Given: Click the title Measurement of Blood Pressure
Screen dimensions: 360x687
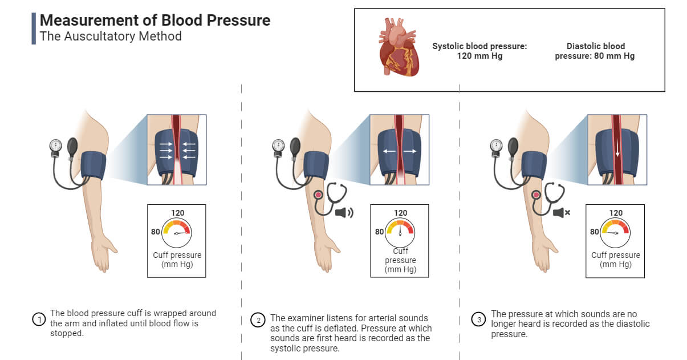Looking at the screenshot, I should coord(155,21).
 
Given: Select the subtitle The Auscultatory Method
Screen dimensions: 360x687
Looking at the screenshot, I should coord(110,37).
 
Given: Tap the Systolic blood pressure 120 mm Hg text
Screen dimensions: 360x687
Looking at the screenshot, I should coord(479,51).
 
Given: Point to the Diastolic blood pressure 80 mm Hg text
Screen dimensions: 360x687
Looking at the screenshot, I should coord(595,51).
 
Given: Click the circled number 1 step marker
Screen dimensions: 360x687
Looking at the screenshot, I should coord(39,319).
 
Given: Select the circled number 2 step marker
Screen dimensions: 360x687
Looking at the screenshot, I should coord(258,320).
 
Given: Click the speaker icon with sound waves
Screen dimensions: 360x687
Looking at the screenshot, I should coord(344,213).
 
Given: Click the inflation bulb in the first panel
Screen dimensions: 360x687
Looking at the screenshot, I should coord(72,147).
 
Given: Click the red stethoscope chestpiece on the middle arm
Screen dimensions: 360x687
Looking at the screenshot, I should coord(317,195).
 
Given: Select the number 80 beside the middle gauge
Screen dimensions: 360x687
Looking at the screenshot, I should coord(379,232).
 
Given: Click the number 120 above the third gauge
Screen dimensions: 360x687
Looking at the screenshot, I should coord(616,213).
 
